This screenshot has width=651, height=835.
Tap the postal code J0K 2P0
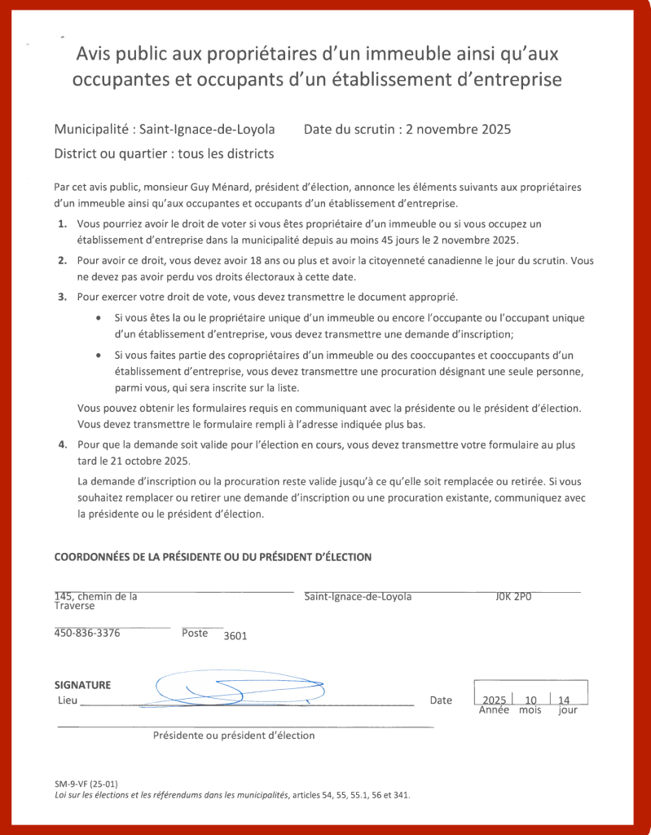tap(513, 596)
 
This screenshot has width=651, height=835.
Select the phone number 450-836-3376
tap(87, 633)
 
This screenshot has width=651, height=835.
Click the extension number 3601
tap(235, 636)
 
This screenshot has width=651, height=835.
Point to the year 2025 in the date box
tap(494, 700)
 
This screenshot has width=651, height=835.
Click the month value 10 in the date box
tap(531, 700)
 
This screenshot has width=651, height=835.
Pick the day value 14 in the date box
tap(564, 700)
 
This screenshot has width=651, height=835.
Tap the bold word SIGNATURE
tap(82, 685)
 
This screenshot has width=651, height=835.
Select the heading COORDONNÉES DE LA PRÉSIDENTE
tap(213, 557)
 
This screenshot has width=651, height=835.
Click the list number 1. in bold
tap(63, 223)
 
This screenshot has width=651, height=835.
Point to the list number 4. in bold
tap(63, 444)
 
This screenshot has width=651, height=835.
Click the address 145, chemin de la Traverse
tap(95, 601)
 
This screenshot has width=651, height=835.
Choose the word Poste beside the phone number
tap(195, 633)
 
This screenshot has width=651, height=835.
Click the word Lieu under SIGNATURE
tap(68, 700)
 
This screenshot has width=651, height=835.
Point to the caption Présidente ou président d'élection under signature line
tap(234, 735)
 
